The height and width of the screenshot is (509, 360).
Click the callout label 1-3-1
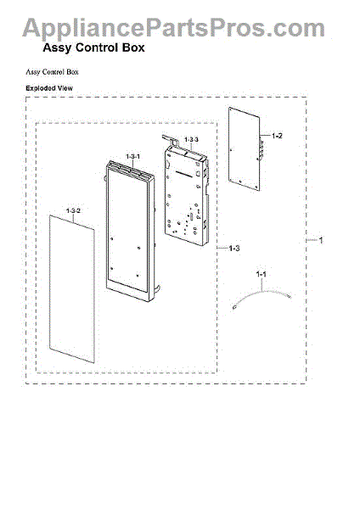133,156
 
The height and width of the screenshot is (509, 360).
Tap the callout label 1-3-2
73,210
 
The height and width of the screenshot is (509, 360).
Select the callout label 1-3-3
191,140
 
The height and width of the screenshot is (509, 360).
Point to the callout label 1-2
277,136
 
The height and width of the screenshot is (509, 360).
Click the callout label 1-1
262,274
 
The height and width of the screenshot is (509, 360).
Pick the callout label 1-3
234,249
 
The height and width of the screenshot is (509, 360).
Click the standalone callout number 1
321,240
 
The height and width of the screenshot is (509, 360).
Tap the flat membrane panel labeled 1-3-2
72,288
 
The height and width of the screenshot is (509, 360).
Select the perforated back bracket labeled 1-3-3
185,192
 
